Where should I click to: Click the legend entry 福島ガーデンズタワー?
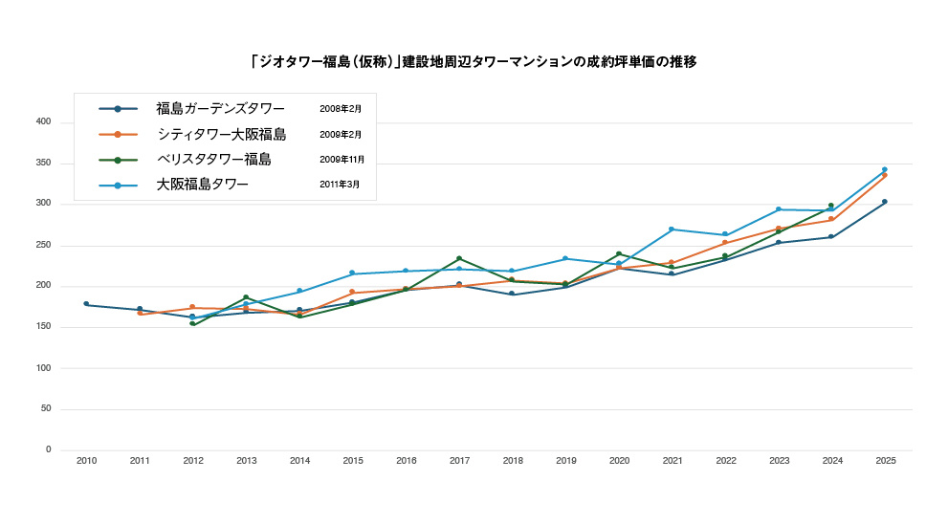pyautogui.click(x=220, y=109)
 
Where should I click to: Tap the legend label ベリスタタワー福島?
pyautogui.click(x=213, y=160)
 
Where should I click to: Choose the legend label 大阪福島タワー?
pyautogui.click(x=202, y=185)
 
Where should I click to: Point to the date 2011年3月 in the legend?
pyautogui.click(x=340, y=185)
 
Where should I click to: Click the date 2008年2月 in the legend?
pyautogui.click(x=340, y=109)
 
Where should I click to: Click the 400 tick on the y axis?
pyautogui.click(x=43, y=122)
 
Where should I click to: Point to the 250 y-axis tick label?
pyautogui.click(x=43, y=246)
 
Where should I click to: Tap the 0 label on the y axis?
pyautogui.click(x=48, y=450)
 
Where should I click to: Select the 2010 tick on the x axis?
pyautogui.click(x=86, y=461)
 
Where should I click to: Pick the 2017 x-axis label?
pyautogui.click(x=459, y=461)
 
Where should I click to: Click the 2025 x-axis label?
pyautogui.click(x=885, y=461)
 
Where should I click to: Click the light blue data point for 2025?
pyautogui.click(x=885, y=169)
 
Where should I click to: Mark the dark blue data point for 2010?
pyautogui.click(x=86, y=304)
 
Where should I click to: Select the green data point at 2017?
pyautogui.click(x=459, y=258)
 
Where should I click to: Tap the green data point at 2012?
pyautogui.click(x=192, y=324)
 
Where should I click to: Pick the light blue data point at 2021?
pyautogui.click(x=672, y=230)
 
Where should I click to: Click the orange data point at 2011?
pyautogui.click(x=140, y=314)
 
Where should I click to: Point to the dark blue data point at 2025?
pyautogui.click(x=885, y=202)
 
